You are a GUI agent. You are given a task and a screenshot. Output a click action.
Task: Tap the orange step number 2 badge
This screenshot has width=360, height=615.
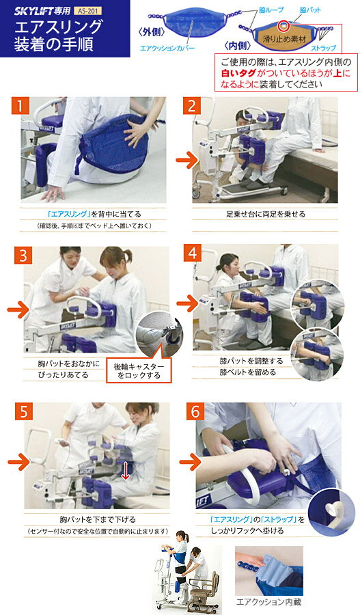(192, 105)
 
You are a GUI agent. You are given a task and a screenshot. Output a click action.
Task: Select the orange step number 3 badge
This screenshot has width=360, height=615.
(23, 255)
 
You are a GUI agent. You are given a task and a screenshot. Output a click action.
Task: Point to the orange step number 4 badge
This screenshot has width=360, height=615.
(193, 253)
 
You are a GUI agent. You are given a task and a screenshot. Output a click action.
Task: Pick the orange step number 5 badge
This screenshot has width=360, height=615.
(24, 411)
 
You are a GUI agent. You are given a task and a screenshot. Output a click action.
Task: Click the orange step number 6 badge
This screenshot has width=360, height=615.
(195, 411)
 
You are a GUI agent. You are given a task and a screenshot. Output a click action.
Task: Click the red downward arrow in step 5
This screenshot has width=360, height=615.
(125, 471)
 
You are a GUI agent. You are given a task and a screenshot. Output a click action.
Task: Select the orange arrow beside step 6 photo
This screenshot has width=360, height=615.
(190, 462)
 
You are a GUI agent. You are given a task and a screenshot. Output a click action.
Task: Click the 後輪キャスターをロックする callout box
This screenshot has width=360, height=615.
(139, 370)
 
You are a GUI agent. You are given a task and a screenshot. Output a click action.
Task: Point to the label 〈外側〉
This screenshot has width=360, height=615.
(150, 32)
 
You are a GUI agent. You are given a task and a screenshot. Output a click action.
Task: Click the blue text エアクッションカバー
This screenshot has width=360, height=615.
(167, 49)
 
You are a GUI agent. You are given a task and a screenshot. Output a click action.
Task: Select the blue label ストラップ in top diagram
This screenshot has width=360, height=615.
(324, 49)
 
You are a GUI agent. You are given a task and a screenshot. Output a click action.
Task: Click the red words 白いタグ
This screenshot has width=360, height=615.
(238, 73)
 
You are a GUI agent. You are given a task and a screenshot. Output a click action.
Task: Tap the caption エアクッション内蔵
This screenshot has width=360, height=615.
(268, 602)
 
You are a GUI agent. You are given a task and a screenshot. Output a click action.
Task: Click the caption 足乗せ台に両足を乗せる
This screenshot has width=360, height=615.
(266, 214)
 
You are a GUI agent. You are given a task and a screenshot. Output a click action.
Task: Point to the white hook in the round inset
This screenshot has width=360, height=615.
(332, 509)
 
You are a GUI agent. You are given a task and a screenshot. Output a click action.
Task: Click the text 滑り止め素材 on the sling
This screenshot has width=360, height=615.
(284, 39)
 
